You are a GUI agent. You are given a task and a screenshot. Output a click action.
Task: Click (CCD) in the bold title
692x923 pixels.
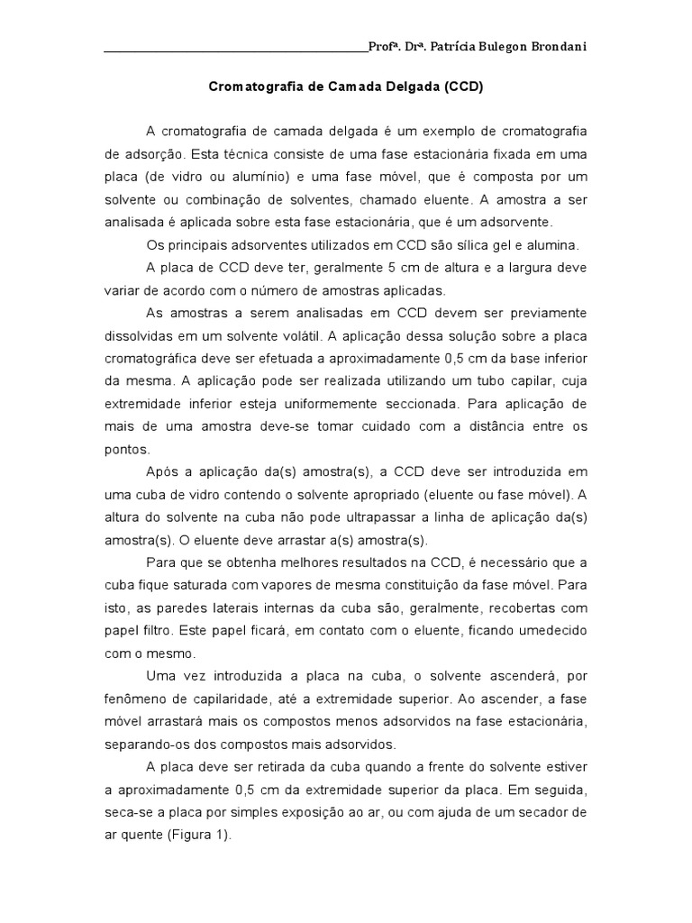pyautogui.click(x=463, y=89)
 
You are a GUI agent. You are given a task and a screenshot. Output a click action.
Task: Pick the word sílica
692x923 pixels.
pyautogui.click(x=458, y=244)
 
